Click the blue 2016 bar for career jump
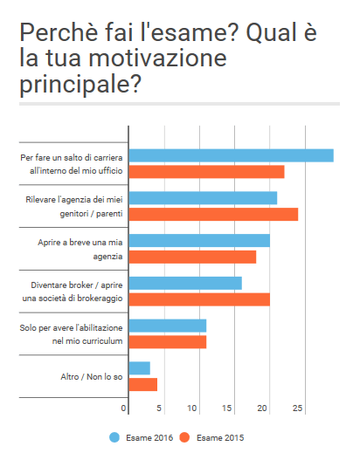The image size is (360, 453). click(x=231, y=155)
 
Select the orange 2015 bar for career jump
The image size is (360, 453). click(x=206, y=171)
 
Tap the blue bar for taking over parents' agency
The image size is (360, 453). click(x=203, y=198)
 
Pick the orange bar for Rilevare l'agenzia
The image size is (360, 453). click(x=213, y=214)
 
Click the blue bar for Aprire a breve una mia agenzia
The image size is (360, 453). click(x=199, y=240)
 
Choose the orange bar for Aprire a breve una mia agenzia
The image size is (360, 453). click(x=192, y=257)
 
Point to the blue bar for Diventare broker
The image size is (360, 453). click(x=185, y=283)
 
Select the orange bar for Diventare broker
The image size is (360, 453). click(x=199, y=299)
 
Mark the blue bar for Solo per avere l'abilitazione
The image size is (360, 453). click(x=167, y=326)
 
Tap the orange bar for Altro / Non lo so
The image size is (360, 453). click(x=142, y=384)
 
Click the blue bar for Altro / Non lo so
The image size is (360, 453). click(x=139, y=367)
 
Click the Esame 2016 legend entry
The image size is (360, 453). click(x=140, y=436)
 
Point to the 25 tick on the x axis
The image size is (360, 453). click(x=298, y=408)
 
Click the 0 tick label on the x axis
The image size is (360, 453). click(x=125, y=408)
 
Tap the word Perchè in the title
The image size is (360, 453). click(x=54, y=34)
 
